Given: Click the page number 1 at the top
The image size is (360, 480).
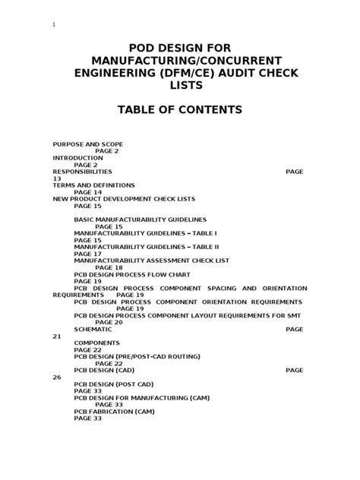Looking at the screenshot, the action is pyautogui.click(x=54, y=24).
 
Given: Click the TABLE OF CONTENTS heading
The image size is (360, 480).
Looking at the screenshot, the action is pyautogui.click(x=179, y=110).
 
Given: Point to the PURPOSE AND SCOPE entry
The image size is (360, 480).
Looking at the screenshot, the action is pyautogui.click(x=87, y=144).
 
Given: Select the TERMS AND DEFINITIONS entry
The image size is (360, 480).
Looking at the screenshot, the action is pyautogui.click(x=93, y=185).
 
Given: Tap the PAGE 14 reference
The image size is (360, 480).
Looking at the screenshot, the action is pyautogui.click(x=87, y=192).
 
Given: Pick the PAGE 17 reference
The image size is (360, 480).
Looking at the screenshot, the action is pyautogui.click(x=87, y=254).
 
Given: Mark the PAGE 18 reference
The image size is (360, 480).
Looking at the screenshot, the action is pyautogui.click(x=108, y=267).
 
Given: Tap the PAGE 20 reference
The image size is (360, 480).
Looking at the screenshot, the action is pyautogui.click(x=108, y=323).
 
